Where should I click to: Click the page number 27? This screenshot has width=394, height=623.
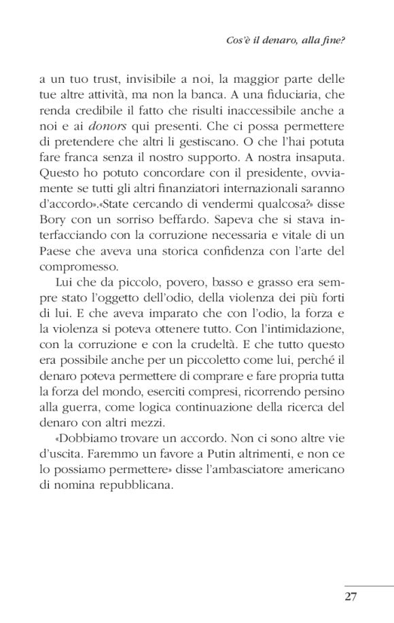click(350, 597)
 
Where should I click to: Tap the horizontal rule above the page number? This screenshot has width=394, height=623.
click(368, 585)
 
